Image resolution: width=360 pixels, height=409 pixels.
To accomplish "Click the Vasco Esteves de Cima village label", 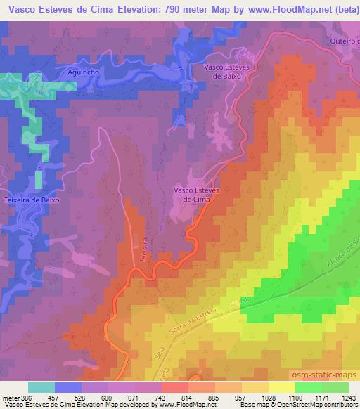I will [193, 194].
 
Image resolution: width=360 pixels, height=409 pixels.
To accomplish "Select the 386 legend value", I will [20, 397].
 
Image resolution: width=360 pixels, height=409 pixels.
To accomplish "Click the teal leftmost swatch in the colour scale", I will [41, 387].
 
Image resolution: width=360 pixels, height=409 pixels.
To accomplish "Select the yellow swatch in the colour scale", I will [282, 387].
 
